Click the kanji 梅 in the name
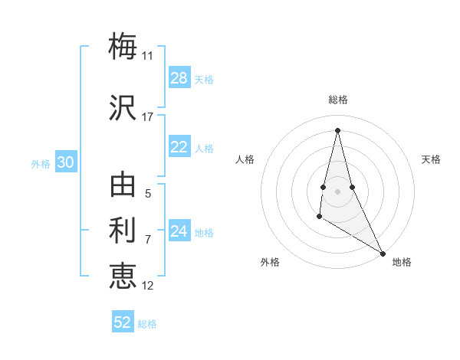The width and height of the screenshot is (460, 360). point(123,47)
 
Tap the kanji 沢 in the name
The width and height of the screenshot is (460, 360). point(123,108)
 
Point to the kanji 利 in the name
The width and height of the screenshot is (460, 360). point(123,231)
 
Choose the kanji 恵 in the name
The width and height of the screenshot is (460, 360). point(123,277)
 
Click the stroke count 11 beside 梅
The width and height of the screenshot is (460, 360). point(148,56)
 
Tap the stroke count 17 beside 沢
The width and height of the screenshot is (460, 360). point(148,117)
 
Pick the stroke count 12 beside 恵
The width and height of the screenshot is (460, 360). point(148,286)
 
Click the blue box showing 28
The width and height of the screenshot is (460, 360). point(179,78)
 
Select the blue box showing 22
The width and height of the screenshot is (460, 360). point(179,147)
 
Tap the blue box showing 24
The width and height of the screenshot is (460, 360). point(179,231)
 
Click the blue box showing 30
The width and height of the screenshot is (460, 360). point(66,162)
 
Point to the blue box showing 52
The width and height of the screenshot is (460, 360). point(123,322)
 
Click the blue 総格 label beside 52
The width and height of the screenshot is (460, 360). point(147,324)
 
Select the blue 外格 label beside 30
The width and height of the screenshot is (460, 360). point(41,163)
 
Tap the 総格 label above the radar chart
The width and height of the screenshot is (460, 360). point(338,100)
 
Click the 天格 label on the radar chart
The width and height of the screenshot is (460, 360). point(432,159)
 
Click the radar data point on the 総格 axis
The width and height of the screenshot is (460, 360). point(337,129)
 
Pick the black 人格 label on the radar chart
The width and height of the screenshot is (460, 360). point(245,159)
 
